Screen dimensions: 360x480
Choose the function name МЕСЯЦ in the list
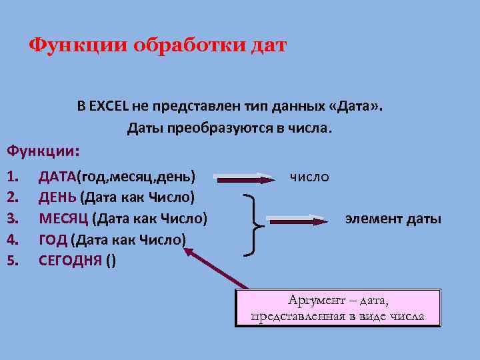(x=63, y=218)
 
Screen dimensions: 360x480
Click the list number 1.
(x=11, y=177)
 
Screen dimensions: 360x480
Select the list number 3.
(x=11, y=218)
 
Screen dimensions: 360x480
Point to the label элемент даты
(x=393, y=218)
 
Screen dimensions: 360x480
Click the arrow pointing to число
(x=245, y=179)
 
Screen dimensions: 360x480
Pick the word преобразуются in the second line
(x=217, y=127)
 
